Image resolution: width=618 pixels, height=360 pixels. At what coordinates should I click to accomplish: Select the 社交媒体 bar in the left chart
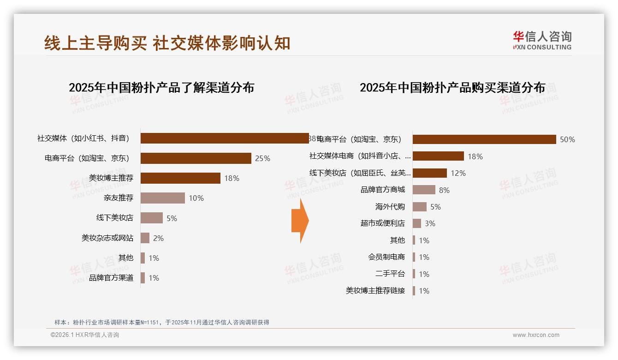coord(225,138)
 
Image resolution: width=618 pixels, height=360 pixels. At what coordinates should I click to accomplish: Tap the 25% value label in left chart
coord(262,158)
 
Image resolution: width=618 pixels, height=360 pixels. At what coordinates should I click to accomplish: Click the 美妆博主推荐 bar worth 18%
coord(180,178)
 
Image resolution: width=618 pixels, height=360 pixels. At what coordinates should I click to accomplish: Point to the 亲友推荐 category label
coord(119,198)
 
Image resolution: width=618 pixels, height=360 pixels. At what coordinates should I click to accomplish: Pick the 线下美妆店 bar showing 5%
coord(152,218)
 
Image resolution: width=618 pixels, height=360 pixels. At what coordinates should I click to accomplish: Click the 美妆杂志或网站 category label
coord(107,238)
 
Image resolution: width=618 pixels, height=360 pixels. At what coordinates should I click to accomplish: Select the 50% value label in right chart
coord(567,139)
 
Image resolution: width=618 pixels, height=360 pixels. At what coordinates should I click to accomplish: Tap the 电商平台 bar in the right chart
coord(484,139)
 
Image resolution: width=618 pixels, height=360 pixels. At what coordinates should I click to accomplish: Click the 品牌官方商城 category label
coord(383,190)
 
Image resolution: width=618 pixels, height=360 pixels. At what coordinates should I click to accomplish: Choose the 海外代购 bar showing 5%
coord(419,207)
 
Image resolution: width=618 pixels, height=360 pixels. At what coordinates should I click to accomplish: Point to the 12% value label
coord(458,173)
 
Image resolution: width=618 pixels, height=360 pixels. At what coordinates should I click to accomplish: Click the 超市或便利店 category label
coord(383,223)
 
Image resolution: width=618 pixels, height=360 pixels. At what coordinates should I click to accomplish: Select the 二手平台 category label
coord(390,274)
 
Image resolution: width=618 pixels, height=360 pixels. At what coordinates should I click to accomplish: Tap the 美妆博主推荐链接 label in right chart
coord(375,290)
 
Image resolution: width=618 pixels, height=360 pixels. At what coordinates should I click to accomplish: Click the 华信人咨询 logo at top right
coord(542,40)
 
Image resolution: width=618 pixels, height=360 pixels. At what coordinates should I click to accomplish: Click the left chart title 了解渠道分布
coord(161,87)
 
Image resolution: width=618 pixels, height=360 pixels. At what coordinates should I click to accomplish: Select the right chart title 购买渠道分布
coord(452,87)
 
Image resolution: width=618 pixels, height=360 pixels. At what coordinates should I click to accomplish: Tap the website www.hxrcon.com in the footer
coord(536,335)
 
